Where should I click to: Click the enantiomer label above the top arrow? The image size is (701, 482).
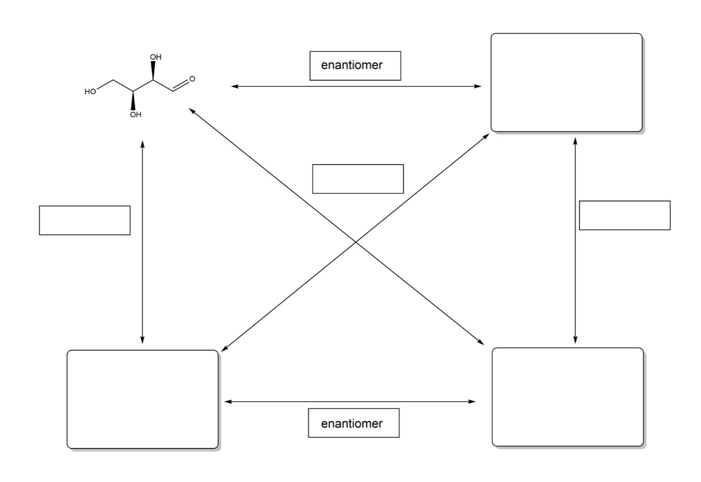355,66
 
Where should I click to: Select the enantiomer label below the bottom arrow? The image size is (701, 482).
353,423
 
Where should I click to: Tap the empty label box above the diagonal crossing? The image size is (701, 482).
358,179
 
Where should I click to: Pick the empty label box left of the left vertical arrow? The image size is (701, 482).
84,220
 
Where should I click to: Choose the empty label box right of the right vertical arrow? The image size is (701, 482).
624,215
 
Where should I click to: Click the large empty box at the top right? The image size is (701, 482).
567,83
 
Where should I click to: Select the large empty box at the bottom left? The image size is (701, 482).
142,399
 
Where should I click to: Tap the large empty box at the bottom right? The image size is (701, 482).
568,397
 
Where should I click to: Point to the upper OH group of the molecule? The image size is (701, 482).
155,57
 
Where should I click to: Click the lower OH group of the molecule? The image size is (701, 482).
135,115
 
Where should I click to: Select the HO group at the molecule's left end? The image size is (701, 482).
90,92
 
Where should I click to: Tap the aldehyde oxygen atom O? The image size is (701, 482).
192,79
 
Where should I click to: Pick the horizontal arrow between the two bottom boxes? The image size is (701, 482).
350,401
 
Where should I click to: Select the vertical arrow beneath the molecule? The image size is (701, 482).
142,242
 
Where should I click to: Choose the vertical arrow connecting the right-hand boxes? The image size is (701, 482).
575,241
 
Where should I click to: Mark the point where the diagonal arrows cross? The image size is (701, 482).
356,242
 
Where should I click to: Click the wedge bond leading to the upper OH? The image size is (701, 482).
153,71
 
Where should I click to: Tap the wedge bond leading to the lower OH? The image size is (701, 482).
133,100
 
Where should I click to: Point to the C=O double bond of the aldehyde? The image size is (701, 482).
181,85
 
